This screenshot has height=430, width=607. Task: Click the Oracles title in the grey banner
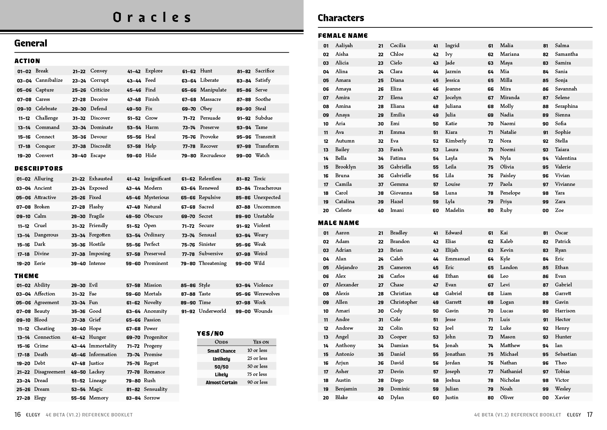(x=152, y=17)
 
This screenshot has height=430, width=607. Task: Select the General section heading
(x=31, y=43)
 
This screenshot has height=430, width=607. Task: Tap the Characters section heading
(x=341, y=18)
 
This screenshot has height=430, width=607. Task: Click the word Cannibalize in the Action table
(x=49, y=80)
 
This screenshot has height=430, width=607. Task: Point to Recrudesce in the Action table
(x=213, y=155)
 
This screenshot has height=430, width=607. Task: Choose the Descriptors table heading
(x=39, y=169)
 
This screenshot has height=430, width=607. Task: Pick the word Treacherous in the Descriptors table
(x=267, y=188)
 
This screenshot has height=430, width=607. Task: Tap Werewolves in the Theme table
(x=266, y=294)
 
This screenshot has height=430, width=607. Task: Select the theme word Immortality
(x=103, y=346)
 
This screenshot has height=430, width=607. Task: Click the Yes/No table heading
(x=210, y=334)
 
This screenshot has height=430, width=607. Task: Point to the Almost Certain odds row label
(x=221, y=382)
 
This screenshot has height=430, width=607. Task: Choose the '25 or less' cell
(x=257, y=358)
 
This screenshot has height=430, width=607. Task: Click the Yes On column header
(x=261, y=342)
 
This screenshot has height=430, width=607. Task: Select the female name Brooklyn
(x=345, y=167)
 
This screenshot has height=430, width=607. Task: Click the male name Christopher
(x=404, y=302)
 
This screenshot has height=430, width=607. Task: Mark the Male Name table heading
(x=338, y=223)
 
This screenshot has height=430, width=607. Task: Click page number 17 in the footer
(x=590, y=414)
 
